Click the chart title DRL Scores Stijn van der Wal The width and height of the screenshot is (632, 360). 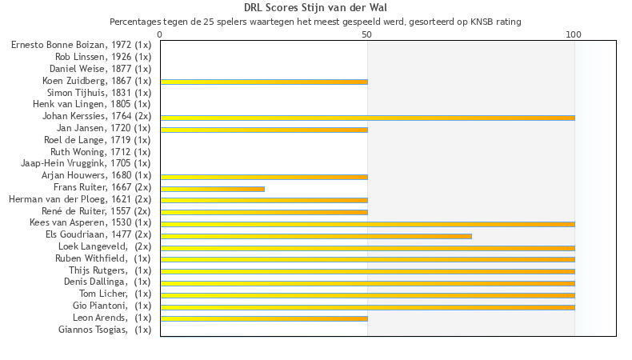tap(315, 8)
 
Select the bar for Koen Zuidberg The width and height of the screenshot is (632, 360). tap(264, 82)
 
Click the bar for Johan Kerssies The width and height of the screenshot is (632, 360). tap(367, 118)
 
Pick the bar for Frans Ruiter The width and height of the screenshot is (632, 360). tap(212, 189)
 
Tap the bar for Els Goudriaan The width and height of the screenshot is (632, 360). tap(316, 236)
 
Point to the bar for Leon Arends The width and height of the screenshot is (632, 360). tap(264, 318)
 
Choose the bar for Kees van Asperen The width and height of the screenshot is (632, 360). tap(367, 224)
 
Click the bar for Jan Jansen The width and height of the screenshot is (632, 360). tap(264, 130)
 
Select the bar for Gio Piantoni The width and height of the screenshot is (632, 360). tap(367, 307)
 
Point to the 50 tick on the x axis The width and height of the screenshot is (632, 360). tap(366, 35)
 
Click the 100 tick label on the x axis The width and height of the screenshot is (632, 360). tap(574, 35)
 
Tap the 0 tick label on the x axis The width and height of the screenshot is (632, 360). tap(160, 35)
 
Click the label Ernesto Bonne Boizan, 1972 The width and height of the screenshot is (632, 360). tap(81, 45)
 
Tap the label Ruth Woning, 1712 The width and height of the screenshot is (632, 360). tap(101, 151)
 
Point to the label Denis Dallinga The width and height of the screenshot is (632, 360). tap(107, 282)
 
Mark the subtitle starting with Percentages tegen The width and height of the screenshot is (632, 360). tap(315, 22)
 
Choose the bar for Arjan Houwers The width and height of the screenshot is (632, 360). tap(264, 177)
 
